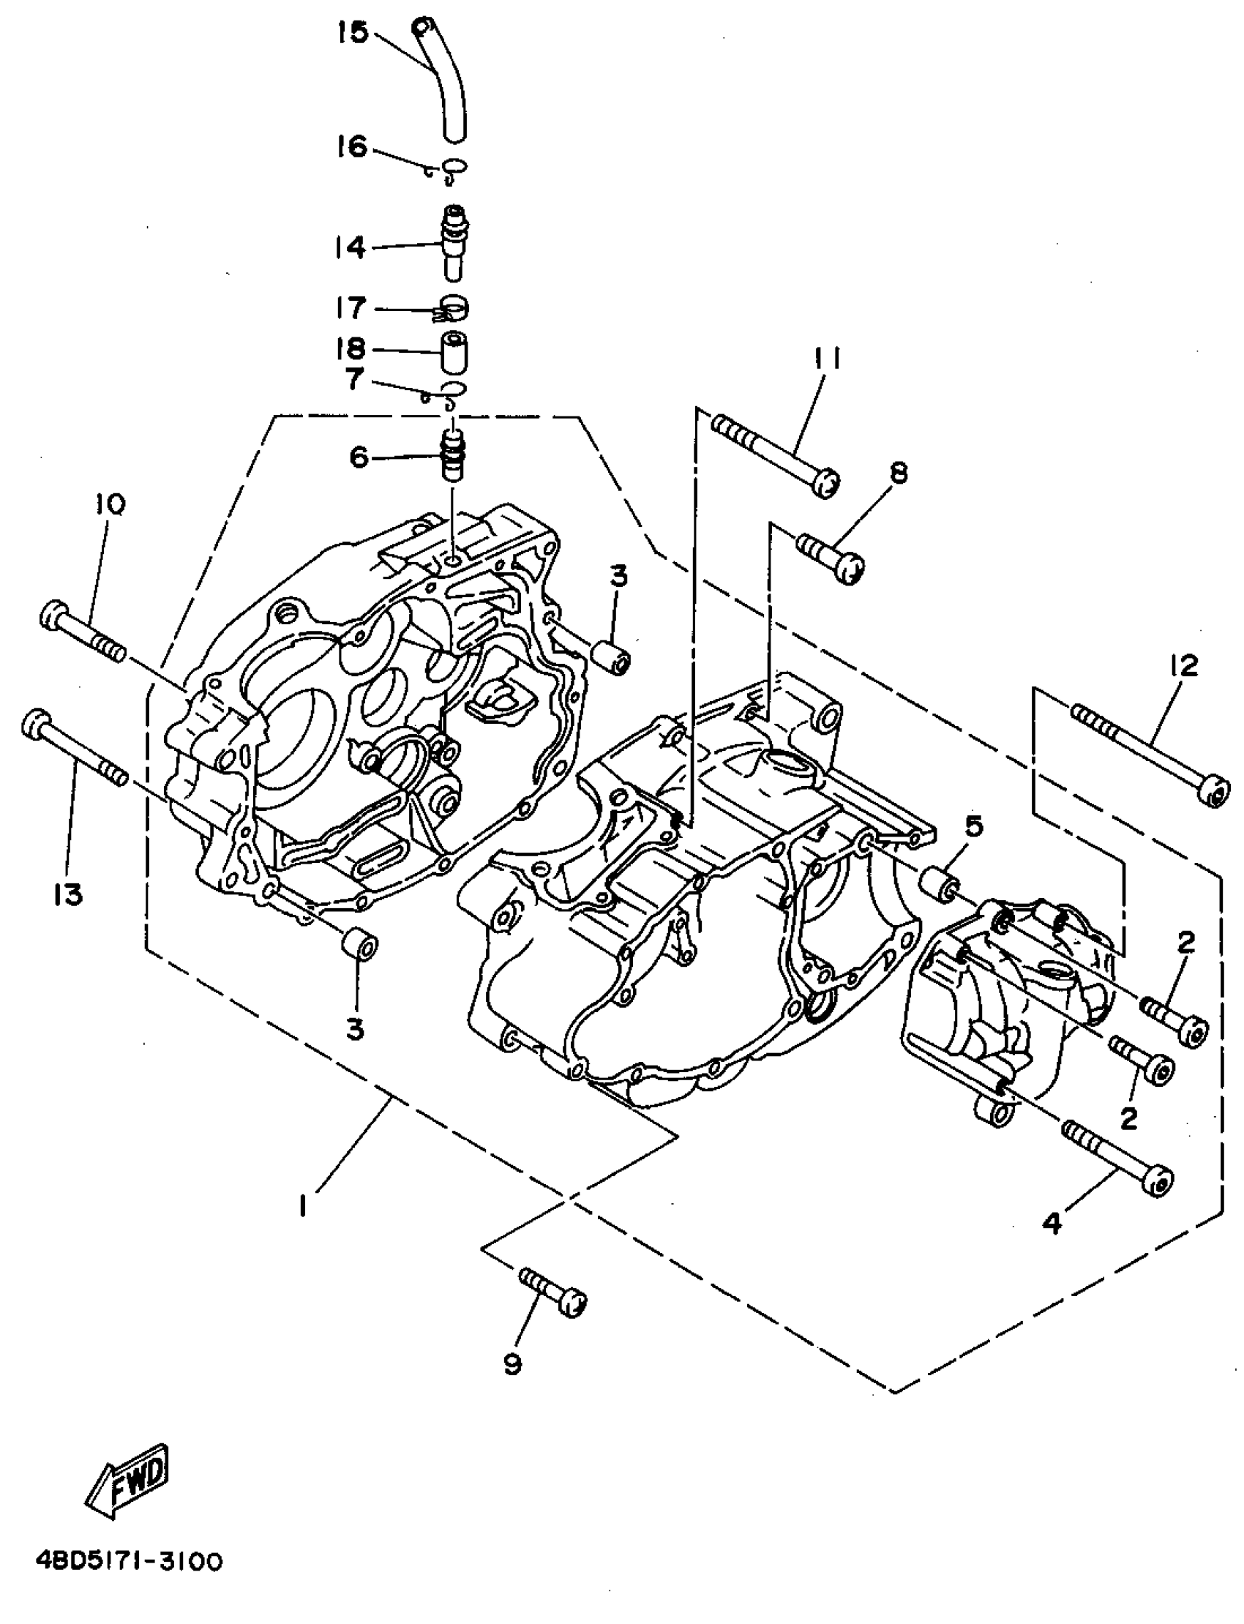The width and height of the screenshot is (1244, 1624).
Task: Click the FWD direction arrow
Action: click(128, 1478)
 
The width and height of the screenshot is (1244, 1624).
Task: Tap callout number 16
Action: click(353, 146)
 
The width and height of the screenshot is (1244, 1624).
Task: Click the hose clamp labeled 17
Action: click(452, 309)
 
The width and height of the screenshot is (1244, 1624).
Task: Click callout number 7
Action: click(355, 380)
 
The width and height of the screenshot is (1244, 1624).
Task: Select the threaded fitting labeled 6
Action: click(452, 455)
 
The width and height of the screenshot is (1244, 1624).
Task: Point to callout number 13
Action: click(68, 895)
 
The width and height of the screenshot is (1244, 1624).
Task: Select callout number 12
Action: click(1185, 666)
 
